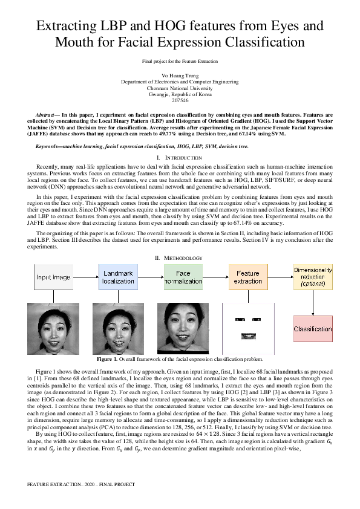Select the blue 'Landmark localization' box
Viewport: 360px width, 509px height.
[x=117, y=277]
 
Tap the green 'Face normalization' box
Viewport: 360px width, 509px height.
[x=183, y=277]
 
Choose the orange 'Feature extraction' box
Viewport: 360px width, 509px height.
[x=247, y=277]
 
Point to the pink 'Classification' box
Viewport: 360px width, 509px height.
[x=313, y=329]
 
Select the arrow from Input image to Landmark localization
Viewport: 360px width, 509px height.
[x=86, y=277]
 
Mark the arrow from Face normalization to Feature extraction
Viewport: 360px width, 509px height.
[x=216, y=277]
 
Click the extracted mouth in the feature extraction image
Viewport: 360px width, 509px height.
[x=247, y=335]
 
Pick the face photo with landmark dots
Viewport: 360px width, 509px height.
[x=117, y=328]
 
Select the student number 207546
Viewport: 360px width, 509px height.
[x=180, y=100]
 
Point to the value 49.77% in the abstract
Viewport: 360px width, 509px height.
[x=166, y=133]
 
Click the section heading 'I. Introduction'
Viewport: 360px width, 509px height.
[x=180, y=157]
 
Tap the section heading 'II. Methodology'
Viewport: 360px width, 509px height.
[x=180, y=258]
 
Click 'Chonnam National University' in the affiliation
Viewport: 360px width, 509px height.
[x=180, y=87]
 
